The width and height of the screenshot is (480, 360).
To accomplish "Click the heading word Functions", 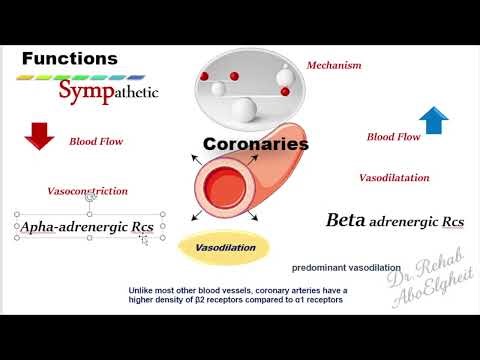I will pos(69,59).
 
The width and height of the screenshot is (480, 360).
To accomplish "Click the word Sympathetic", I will pos(107,94).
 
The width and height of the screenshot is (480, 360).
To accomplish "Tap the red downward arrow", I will pos(39,136).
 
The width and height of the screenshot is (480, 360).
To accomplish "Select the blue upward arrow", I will pos(432,120).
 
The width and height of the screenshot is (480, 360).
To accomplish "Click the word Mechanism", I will pos(334,65).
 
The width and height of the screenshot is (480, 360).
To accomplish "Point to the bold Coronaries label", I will pos(255,144).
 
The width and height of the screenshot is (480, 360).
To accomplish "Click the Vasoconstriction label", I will pos(88,190).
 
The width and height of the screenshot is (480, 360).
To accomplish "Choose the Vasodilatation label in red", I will pos(394,178).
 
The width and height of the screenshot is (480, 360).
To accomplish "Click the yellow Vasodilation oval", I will pos(225,247).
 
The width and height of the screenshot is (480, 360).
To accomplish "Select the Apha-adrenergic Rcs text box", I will pos(88,228).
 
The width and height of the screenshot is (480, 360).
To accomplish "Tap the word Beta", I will pos(346,219).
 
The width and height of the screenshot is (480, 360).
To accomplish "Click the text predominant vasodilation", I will pos(346,268).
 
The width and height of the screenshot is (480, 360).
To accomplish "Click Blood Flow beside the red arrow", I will pos(96,142).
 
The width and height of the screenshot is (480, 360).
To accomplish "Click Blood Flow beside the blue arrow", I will pos(393,137).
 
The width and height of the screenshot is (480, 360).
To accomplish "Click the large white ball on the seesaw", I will pos(243,108).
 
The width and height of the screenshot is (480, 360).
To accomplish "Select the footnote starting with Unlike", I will pos(236,295).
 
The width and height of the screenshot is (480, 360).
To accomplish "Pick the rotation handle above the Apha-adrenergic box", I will pos(90,199).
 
